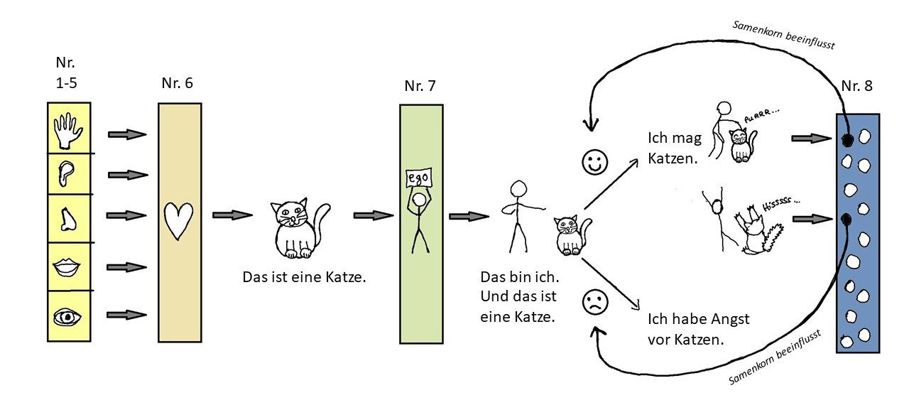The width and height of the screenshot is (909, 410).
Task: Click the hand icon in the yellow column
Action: pyautogui.click(x=68, y=130)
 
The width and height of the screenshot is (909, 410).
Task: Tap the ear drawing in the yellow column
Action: pyautogui.click(x=67, y=174)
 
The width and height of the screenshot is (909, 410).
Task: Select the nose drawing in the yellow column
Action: pyautogui.click(x=67, y=219)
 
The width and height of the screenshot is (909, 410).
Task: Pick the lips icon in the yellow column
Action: pyautogui.click(x=67, y=267)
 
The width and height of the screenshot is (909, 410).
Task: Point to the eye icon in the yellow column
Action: pyautogui.click(x=67, y=317)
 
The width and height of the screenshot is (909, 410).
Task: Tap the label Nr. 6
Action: pyautogui.click(x=178, y=83)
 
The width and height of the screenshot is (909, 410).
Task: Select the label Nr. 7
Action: pyautogui.click(x=420, y=86)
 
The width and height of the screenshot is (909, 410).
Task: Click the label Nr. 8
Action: pyautogui.click(x=856, y=86)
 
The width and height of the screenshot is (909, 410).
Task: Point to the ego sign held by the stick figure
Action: pyautogui.click(x=419, y=178)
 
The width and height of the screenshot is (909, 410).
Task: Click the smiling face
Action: pyautogui.click(x=595, y=163)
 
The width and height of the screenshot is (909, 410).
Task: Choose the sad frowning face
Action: pyautogui.click(x=595, y=302)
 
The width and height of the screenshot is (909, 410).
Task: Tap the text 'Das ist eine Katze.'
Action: pyautogui.click(x=304, y=277)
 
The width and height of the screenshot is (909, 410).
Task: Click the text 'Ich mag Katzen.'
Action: pyautogui.click(x=675, y=149)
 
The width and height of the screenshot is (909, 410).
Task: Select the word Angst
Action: pyautogui.click(x=730, y=319)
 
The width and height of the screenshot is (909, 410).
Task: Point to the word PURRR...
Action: pyautogui.click(x=761, y=115)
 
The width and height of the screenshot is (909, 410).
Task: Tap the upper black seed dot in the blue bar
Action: pyautogui.click(x=847, y=140)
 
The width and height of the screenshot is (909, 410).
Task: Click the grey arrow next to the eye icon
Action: pyautogui.click(x=126, y=315)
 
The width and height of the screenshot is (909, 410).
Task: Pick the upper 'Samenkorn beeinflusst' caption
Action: pyautogui.click(x=783, y=36)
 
